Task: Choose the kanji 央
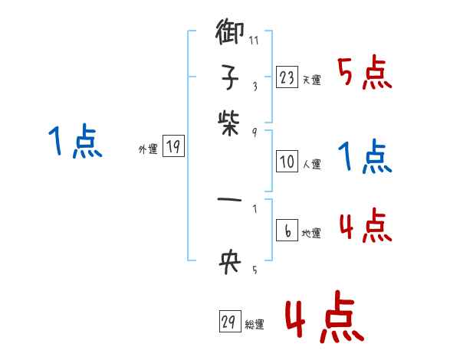(x=229, y=263)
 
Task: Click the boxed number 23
(x=287, y=77)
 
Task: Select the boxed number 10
(x=287, y=161)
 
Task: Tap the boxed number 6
(x=287, y=231)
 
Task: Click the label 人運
(x=311, y=163)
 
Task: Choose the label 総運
(x=255, y=325)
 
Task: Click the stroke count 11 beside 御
(x=254, y=41)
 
